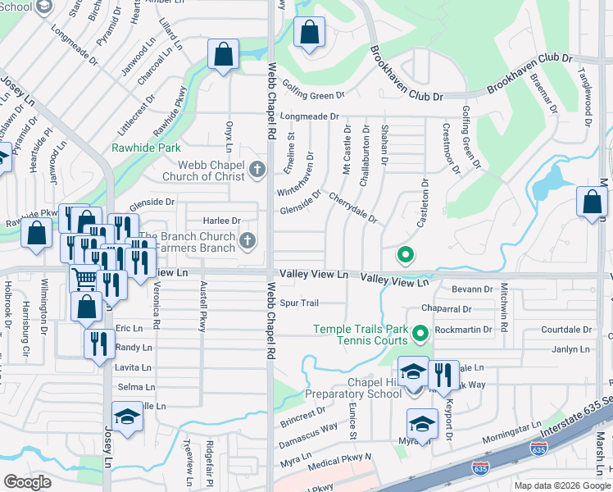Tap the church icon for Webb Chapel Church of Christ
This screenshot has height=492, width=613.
(257, 171)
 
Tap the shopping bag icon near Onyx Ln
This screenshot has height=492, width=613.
(224, 55)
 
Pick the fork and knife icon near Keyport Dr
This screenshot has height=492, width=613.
(443, 375)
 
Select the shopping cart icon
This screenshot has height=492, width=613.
(84, 280)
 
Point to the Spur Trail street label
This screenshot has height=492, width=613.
(298, 303)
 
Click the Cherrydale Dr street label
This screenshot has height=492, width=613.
(352, 207)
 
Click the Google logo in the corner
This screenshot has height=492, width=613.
(27, 482)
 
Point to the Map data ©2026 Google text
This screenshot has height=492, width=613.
(561, 485)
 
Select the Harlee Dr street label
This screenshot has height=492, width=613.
(222, 221)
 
